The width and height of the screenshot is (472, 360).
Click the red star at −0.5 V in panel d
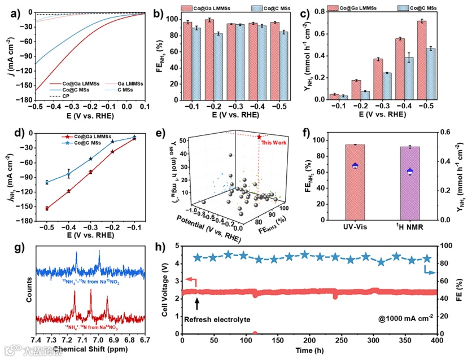[46, 208]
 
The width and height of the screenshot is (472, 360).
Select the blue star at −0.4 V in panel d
[68, 174]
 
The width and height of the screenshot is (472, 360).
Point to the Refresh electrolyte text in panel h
[216, 319]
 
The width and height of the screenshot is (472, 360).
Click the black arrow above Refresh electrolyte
[197, 305]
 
